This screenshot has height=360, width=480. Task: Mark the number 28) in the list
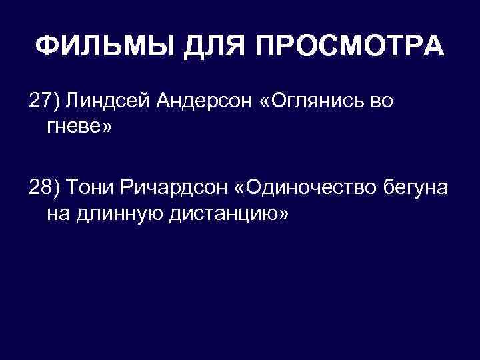click(x=44, y=188)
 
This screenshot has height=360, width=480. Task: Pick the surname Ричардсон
click(x=171, y=188)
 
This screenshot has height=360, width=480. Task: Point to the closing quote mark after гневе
click(x=107, y=126)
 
